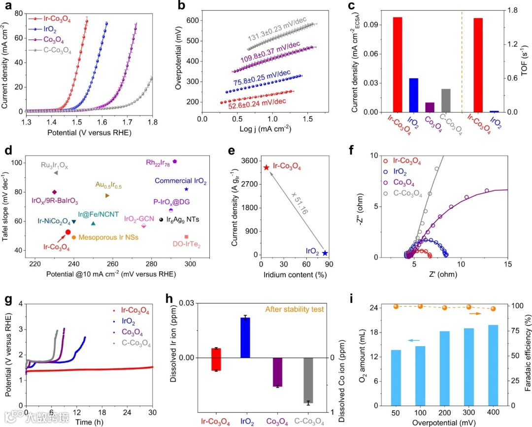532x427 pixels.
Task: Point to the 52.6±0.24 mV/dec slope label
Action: (x=257, y=102)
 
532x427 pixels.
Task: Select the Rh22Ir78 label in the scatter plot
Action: (x=158, y=162)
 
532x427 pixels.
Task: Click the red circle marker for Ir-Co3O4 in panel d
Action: (x=68, y=232)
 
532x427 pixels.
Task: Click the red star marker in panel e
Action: (x=266, y=167)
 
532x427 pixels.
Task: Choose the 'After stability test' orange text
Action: (x=295, y=309)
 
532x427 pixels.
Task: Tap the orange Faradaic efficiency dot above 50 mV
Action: (x=396, y=306)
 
